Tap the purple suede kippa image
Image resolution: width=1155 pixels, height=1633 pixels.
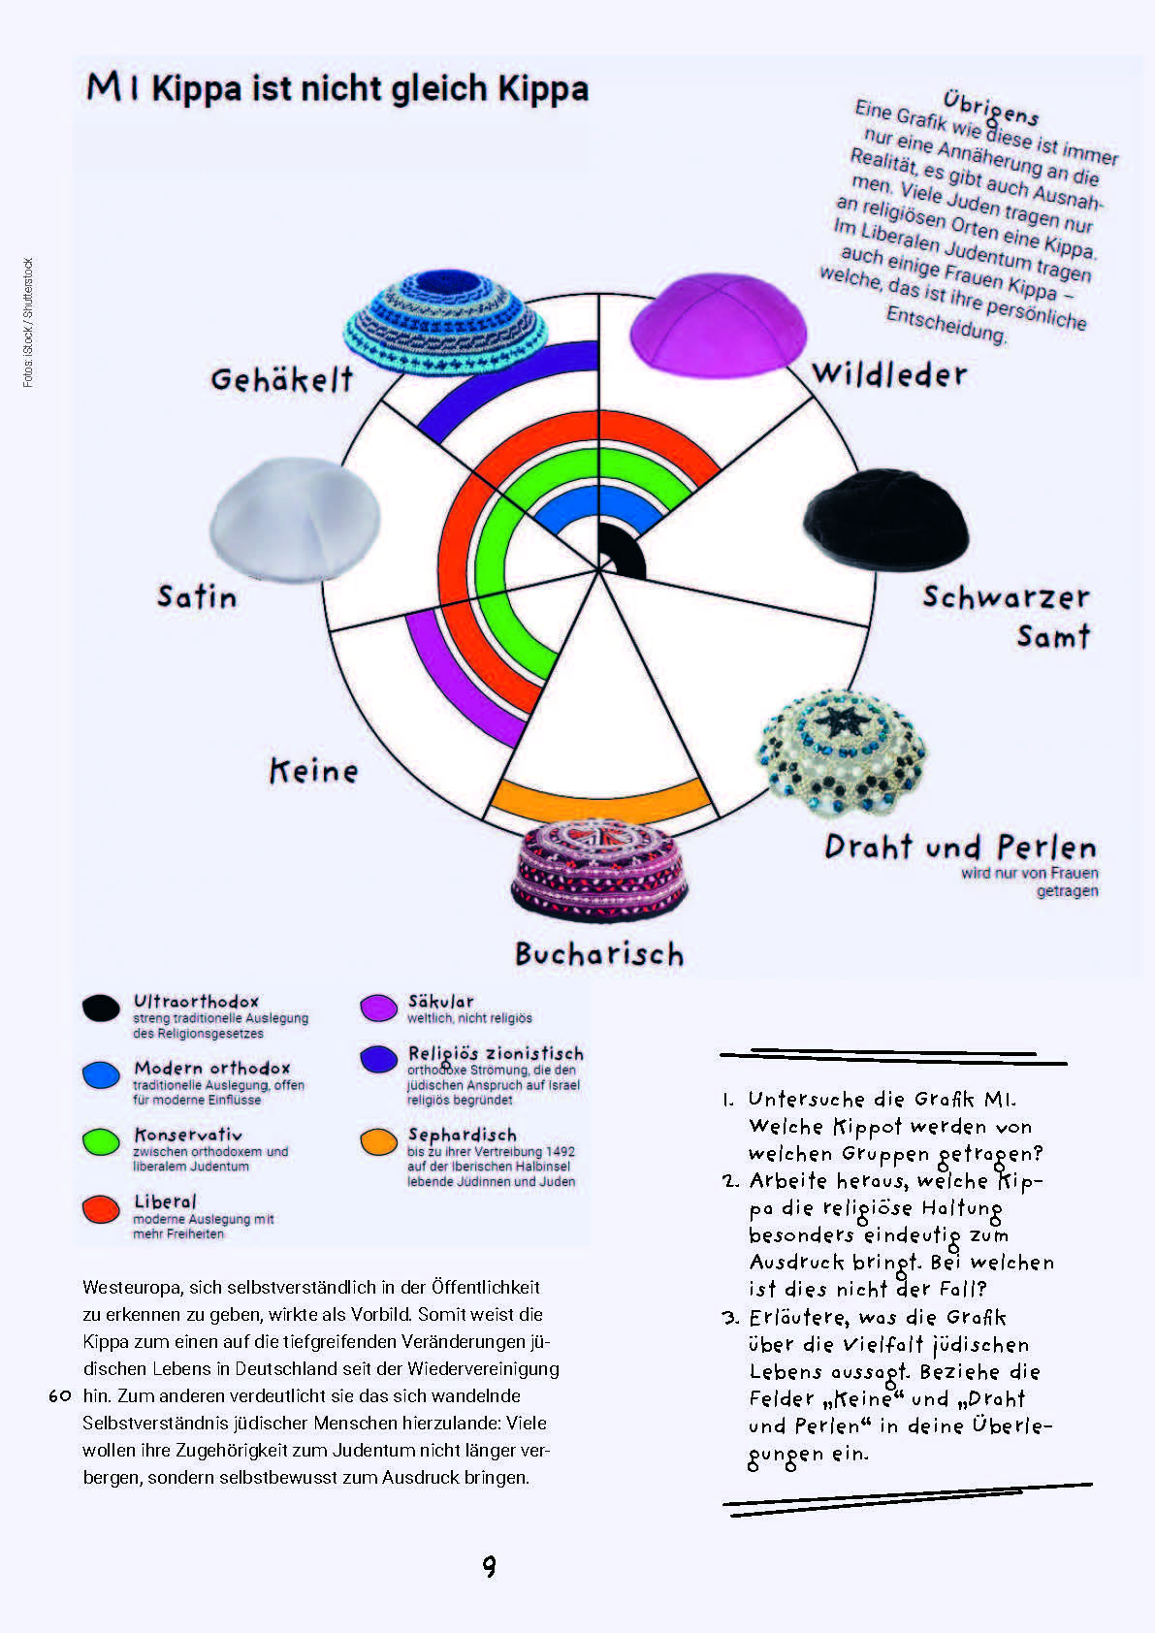coord(718,325)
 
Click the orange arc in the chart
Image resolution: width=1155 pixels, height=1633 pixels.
coord(598,801)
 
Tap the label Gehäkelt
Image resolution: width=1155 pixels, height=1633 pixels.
coord(282,379)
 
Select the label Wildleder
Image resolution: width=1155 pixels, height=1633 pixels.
coord(889,374)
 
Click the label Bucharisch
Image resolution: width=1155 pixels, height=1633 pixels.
coord(599,954)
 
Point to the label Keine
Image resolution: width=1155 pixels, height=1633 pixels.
coord(313,772)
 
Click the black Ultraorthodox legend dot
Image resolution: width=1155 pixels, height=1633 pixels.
coord(101,1009)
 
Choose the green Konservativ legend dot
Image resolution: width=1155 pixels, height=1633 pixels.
coord(101,1141)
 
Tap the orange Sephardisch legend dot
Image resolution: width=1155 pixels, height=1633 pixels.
coord(378,1142)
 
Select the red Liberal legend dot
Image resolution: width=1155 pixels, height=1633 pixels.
coord(101,1208)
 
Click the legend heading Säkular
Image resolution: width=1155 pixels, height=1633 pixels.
coord(441,1001)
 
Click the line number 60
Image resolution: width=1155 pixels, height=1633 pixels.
coord(60,1396)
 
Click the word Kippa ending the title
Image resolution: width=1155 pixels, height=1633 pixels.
coord(543,89)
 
